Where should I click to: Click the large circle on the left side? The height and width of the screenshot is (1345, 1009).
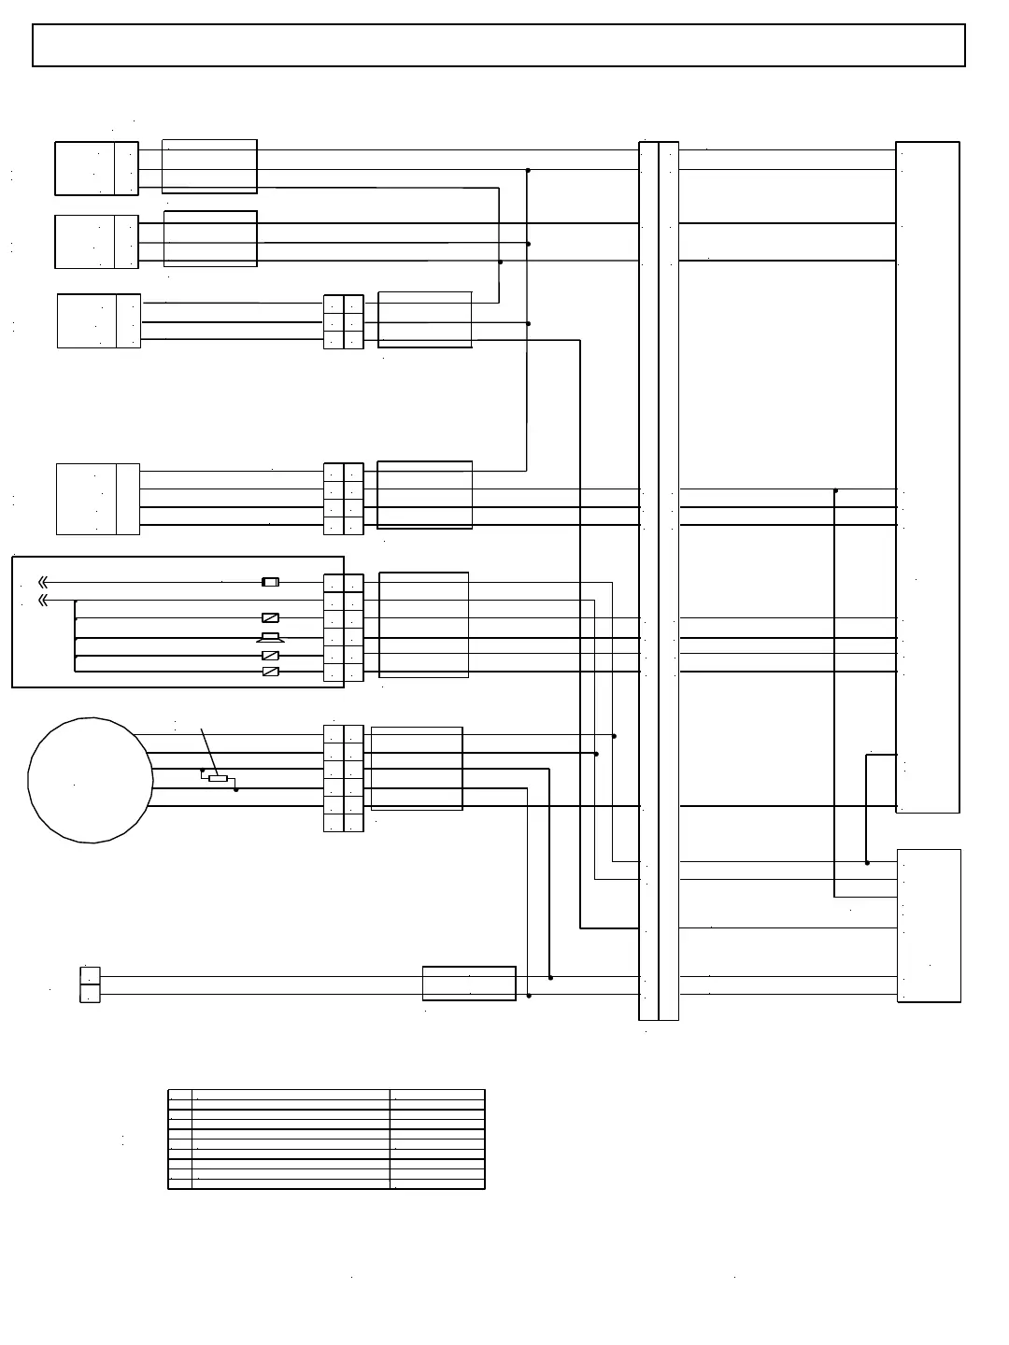click(91, 780)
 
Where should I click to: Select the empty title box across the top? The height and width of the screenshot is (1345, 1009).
click(498, 45)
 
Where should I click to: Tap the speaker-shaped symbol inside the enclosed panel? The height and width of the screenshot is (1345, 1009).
click(270, 638)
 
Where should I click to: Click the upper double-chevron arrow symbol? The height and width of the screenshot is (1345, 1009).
click(42, 582)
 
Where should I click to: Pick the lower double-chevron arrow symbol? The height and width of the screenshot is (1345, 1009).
click(42, 600)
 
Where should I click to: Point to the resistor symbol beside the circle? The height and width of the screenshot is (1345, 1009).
click(218, 778)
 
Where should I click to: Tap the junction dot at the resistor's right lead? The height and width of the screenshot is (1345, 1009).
click(235, 789)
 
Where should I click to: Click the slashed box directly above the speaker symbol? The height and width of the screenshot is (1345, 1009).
click(270, 617)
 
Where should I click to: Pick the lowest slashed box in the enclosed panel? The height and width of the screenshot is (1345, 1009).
click(270, 672)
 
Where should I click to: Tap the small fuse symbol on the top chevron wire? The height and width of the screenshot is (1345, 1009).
click(270, 582)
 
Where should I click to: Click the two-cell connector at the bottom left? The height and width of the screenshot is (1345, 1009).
click(90, 984)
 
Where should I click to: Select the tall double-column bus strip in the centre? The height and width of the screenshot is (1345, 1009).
click(659, 580)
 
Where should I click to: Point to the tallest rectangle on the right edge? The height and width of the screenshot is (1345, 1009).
click(928, 476)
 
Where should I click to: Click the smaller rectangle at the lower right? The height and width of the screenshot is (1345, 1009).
click(929, 925)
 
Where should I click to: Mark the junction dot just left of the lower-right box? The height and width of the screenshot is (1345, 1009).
click(867, 862)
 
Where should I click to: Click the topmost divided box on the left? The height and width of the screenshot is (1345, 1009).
click(96, 168)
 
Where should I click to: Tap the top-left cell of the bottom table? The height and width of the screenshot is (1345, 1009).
click(180, 1095)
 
